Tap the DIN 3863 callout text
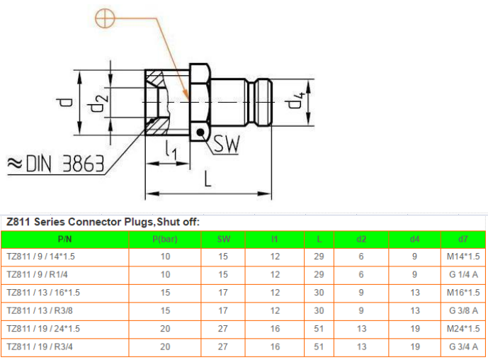point(56,164)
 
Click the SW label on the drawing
point(227,145)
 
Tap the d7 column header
point(464,239)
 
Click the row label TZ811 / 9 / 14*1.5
point(40,256)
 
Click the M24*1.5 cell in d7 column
point(464,329)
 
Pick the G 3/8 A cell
point(464,310)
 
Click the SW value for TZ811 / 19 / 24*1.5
point(224,329)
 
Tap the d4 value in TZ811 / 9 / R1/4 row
point(414,274)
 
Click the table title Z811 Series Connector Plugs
point(103,222)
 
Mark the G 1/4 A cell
point(464,274)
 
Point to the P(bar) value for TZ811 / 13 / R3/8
point(165,310)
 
